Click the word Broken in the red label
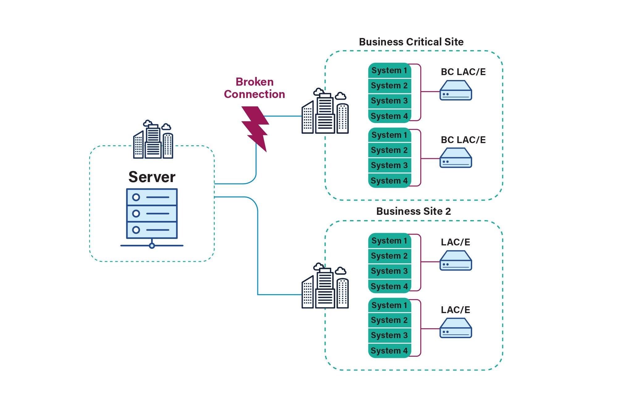255,82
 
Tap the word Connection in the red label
255,94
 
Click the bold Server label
152,177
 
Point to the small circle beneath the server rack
152,246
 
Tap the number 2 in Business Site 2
448,211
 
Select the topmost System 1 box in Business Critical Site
390,70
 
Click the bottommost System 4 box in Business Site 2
390,351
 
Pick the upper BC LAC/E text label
463,72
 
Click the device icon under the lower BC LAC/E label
456,158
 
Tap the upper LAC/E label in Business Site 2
455,242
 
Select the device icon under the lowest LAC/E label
456,328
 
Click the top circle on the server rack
136,197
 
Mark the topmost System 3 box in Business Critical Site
390,101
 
